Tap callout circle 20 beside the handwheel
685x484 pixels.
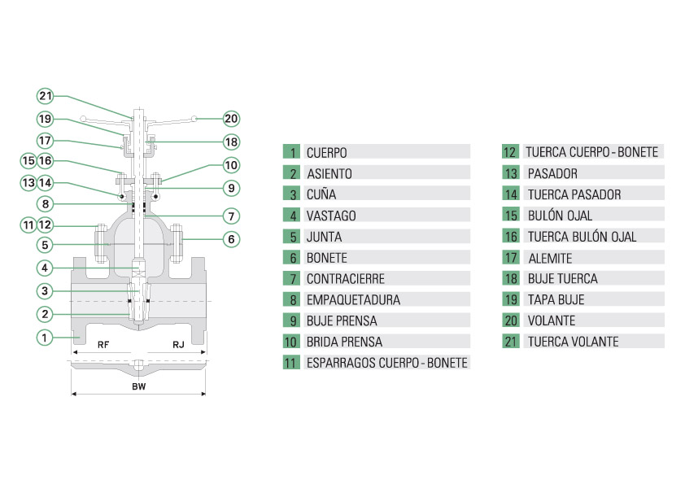point(231,119)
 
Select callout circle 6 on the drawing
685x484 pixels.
point(231,239)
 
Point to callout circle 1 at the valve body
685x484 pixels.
point(46,336)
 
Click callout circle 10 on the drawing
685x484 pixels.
point(231,165)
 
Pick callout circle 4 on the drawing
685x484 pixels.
point(46,268)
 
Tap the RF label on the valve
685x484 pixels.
point(103,345)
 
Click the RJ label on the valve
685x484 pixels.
point(178,345)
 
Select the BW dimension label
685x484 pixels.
point(139,386)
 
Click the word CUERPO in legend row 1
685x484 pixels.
point(327,152)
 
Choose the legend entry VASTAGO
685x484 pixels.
point(331,216)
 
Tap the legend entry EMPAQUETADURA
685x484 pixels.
point(353,299)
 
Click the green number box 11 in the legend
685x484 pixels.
point(291,363)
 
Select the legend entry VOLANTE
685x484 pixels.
point(551,320)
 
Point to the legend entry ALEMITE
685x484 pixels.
point(550,258)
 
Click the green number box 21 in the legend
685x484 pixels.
point(510,342)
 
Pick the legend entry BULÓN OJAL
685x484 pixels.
point(560,216)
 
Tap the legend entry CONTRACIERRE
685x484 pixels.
point(346,278)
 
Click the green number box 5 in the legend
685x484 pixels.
point(291,237)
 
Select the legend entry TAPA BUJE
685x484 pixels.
point(556,299)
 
